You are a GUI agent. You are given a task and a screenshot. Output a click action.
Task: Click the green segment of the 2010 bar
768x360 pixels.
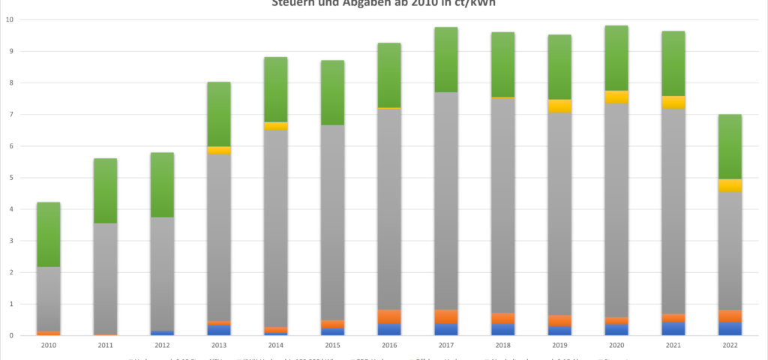click(x=49, y=234)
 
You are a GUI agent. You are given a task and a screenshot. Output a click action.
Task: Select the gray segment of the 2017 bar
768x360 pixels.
click(x=446, y=200)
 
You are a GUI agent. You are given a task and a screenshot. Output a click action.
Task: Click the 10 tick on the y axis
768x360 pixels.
click(x=9, y=19)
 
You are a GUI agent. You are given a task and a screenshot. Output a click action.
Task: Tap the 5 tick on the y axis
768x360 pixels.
click(x=11, y=178)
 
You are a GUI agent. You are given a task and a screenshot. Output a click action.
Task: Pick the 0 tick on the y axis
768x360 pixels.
click(x=11, y=335)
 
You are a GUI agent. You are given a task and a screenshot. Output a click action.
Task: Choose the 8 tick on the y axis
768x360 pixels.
click(x=11, y=82)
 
